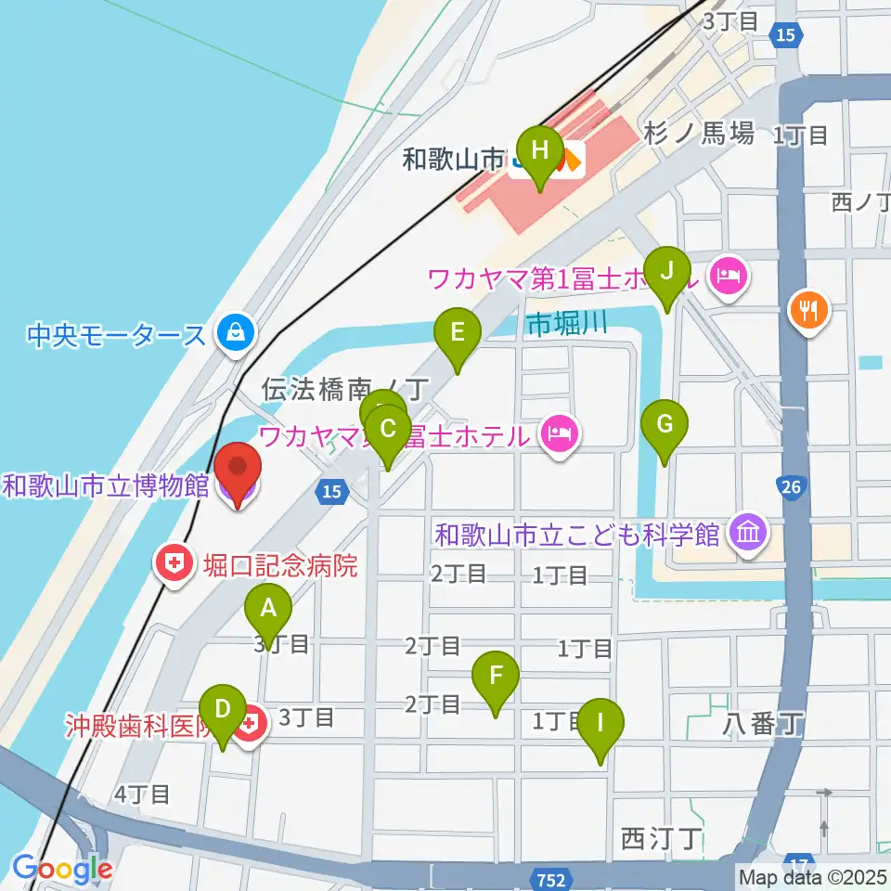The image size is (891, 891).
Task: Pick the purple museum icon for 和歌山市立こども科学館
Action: pos(748,534)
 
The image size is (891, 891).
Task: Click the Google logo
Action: pos(63,870)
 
